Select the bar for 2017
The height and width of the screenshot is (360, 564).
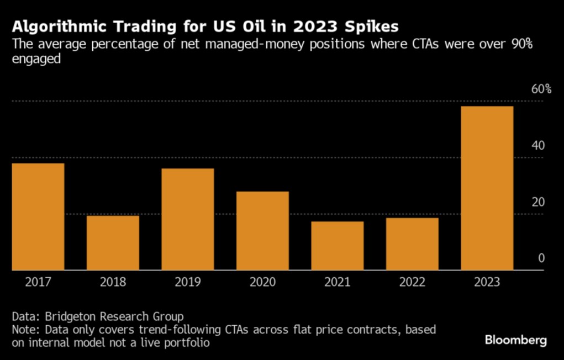pos(38,216)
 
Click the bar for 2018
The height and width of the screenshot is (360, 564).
pos(113,242)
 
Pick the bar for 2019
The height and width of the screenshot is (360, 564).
pos(188,219)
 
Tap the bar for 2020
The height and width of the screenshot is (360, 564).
pos(262,231)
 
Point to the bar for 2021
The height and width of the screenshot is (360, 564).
pos(337,246)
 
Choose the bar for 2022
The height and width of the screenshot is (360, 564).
pos(412,244)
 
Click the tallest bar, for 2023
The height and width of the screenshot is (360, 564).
pos(487,188)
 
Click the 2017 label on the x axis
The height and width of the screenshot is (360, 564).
pos(38,282)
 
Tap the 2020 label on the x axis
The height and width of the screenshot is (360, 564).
pos(262,282)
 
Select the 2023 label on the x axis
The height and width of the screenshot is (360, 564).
pos(487,282)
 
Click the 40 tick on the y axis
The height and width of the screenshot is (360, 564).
pos(538,146)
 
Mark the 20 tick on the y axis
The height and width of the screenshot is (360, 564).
pos(538,202)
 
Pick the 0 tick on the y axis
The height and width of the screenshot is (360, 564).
pos(541,258)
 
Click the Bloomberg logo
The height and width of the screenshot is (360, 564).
pos(516,340)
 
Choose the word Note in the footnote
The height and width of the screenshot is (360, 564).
pos(24,330)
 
